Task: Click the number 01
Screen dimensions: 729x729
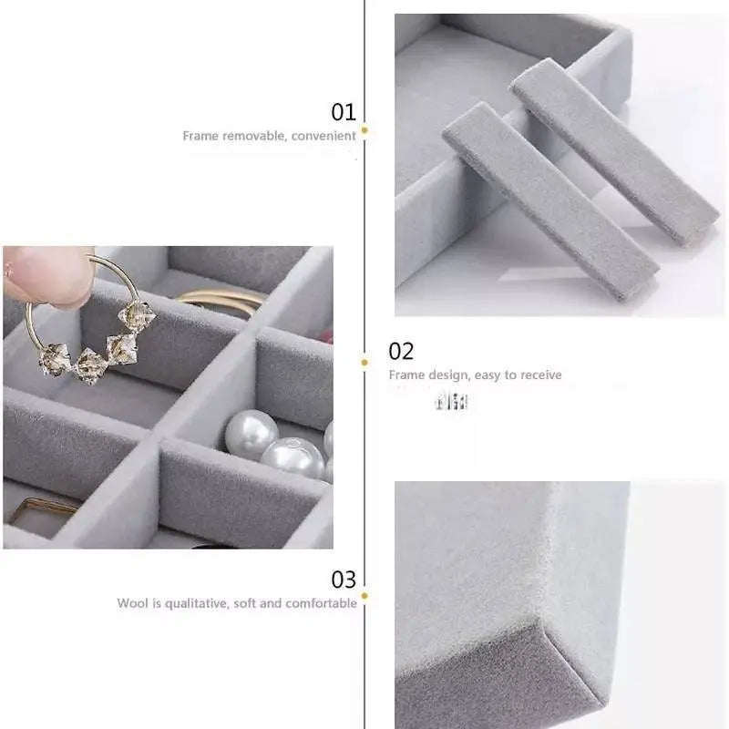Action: click(x=343, y=112)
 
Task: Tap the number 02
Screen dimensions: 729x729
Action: click(x=401, y=351)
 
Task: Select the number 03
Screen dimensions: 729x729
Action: click(x=344, y=580)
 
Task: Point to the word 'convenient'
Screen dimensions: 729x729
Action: click(x=323, y=136)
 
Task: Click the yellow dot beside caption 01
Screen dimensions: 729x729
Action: click(x=364, y=131)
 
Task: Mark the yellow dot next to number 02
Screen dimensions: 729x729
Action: click(x=364, y=362)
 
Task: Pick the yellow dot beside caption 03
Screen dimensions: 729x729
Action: click(x=364, y=598)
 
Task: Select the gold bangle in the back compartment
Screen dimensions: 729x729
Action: click(x=219, y=301)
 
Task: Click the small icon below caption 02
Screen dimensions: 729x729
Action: click(x=451, y=401)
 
